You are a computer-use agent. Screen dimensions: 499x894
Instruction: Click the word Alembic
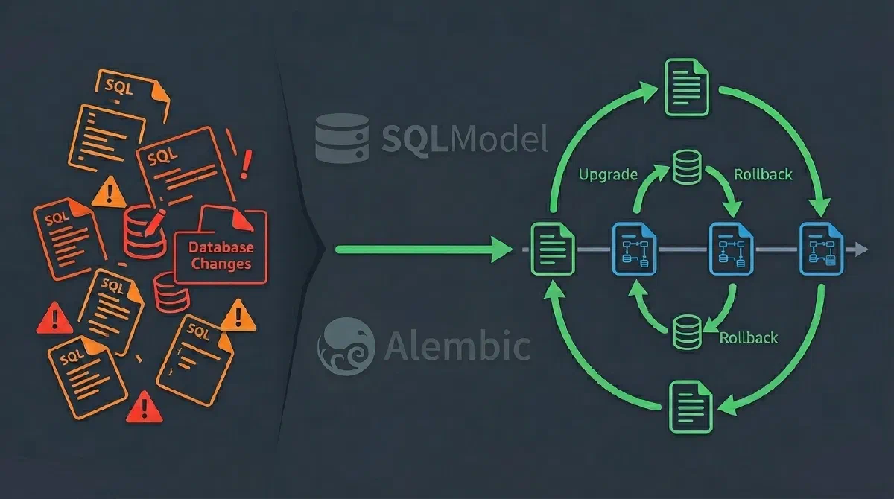458,345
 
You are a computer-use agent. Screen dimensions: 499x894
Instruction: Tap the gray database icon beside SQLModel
342,138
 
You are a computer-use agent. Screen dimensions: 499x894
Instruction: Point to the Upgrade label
608,175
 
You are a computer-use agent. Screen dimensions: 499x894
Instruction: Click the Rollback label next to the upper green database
763,175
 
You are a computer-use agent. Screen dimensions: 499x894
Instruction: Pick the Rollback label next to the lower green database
748,337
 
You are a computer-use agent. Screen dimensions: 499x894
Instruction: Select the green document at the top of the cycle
687,88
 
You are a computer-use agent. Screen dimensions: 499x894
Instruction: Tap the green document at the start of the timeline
551,248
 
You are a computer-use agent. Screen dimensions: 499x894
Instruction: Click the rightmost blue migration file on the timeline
819,249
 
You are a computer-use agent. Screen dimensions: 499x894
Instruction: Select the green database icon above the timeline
686,168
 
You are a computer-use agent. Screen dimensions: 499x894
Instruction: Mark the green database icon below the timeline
686,332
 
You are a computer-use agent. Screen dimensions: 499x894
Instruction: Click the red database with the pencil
144,233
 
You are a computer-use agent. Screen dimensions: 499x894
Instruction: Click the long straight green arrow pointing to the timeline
422,249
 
